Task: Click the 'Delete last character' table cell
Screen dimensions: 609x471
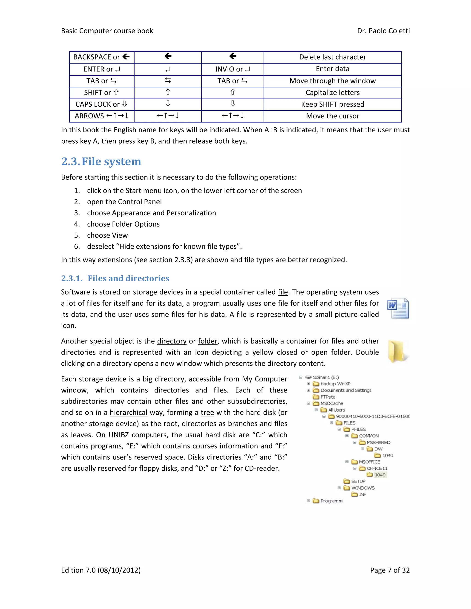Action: tap(332, 57)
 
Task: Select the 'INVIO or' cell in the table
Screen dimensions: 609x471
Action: tap(233, 69)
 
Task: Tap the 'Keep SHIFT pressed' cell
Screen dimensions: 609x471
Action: tap(332, 104)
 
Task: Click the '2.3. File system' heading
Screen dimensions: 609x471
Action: tap(101, 162)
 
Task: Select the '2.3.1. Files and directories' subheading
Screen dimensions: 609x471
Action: tap(115, 278)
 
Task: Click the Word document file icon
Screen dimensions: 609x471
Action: tap(398, 308)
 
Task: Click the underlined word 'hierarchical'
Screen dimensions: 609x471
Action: tap(128, 413)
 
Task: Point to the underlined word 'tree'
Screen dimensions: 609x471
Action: tap(207, 413)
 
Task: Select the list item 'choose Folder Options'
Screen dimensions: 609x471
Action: tap(123, 224)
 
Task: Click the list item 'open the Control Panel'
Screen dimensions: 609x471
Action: tap(124, 202)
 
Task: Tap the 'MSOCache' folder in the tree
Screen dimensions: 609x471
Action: tap(331, 404)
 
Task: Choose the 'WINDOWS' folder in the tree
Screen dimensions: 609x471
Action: tap(362, 488)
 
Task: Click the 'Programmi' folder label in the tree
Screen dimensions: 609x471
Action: tap(331, 501)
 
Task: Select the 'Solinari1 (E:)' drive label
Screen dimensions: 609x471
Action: tap(326, 377)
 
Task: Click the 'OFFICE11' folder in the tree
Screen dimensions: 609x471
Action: tap(377, 468)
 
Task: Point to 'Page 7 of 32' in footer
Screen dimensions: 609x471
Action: tap(390, 570)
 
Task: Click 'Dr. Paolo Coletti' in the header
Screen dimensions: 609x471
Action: tap(383, 31)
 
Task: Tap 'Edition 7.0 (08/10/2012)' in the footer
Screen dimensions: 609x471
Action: tap(101, 570)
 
